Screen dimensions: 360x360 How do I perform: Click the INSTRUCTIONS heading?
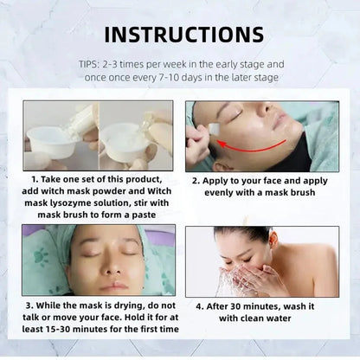pyautogui.click(x=179, y=35)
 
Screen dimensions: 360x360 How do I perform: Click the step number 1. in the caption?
pyautogui.click(x=36, y=178)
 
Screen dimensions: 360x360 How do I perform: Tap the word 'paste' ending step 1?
pyautogui.click(x=139, y=214)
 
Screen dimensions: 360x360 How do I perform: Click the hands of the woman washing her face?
pyautogui.click(x=260, y=279)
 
